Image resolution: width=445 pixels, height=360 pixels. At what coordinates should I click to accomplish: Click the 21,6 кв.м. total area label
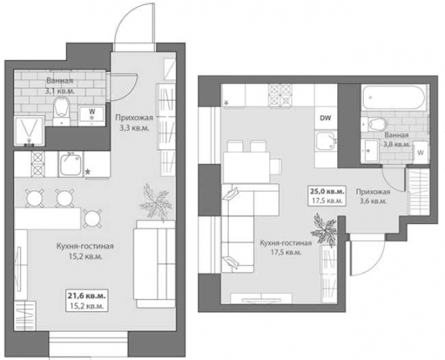click(x=87, y=296)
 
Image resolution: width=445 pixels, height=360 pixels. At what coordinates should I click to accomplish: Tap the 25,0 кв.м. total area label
click(x=327, y=191)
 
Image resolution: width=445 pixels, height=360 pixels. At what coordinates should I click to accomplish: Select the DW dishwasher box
click(x=326, y=118)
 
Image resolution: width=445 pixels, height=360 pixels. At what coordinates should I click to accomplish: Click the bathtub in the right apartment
click(x=394, y=98)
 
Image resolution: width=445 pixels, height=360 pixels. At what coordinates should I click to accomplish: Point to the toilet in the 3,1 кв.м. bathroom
click(x=62, y=110)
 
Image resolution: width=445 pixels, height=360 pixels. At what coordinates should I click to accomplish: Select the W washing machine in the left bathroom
click(x=92, y=115)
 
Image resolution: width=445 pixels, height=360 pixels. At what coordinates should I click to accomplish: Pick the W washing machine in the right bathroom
click(x=421, y=152)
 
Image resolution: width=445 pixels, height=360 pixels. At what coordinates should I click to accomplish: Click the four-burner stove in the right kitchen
click(x=280, y=96)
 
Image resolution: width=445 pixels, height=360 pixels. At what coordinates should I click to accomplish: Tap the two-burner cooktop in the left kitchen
click(x=37, y=164)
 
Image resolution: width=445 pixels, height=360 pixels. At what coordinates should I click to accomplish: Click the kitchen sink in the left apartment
click(x=70, y=164)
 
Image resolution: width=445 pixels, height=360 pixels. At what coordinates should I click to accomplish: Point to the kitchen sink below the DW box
click(x=326, y=141)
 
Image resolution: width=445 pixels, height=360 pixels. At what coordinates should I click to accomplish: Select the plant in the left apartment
click(x=154, y=202)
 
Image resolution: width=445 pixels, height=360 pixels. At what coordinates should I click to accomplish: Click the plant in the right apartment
click(x=325, y=230)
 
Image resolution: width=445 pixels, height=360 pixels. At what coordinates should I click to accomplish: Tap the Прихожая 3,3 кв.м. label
click(x=135, y=123)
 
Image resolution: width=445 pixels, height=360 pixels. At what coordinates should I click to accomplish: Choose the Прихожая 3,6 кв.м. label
click(x=373, y=196)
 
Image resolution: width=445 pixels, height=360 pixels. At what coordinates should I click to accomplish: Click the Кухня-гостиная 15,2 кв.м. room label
click(x=85, y=251)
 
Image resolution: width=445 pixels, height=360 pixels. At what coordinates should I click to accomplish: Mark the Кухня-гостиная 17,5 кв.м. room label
click(x=286, y=248)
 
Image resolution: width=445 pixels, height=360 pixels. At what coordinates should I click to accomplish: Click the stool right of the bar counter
click(x=93, y=219)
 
